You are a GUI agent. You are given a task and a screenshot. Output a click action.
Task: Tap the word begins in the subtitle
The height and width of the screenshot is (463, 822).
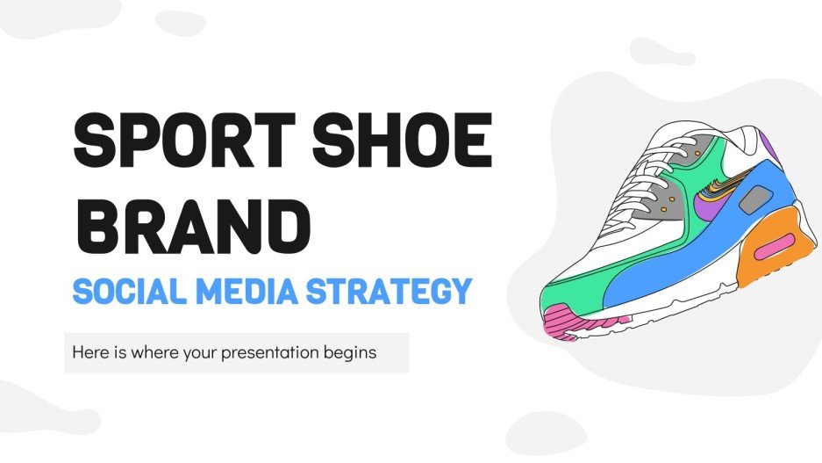pyautogui.click(x=351, y=353)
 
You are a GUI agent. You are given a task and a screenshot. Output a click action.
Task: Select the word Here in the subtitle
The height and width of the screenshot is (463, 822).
pyautogui.click(x=91, y=353)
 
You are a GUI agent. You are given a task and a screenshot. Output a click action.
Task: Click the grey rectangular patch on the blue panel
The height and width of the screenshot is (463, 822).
pyautogui.click(x=750, y=202)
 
